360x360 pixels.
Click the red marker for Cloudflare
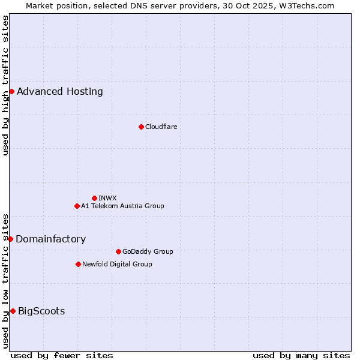point(141,127)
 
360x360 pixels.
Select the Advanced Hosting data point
point(11,91)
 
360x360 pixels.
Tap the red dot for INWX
point(94,198)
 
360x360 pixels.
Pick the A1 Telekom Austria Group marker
point(77,206)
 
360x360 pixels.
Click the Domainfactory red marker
point(10,239)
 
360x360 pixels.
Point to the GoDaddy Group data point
point(118,251)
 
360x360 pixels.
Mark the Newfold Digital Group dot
point(78,264)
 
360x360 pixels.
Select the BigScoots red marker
point(13,311)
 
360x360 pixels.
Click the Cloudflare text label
point(161,127)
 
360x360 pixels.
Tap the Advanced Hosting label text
point(60,91)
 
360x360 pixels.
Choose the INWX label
point(107,198)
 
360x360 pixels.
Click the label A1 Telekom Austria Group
point(122,206)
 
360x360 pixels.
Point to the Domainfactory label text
point(50,239)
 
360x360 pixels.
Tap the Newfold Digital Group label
point(117,264)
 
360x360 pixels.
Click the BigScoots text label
point(41,311)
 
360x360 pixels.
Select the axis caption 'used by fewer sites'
point(62,355)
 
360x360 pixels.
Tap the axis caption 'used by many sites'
point(301,355)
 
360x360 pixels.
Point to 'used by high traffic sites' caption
point(5,85)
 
